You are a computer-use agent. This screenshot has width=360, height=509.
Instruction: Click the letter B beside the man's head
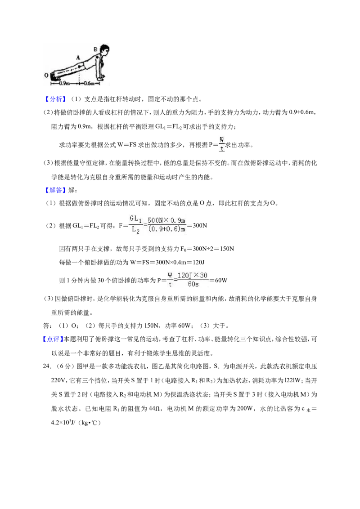click(95, 49)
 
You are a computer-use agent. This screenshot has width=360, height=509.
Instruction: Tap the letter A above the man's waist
click(78, 58)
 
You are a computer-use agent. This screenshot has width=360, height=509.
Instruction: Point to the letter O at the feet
click(46, 75)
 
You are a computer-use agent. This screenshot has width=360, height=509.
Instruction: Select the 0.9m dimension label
click(64, 84)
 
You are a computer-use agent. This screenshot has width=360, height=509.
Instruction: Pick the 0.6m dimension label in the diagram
click(89, 84)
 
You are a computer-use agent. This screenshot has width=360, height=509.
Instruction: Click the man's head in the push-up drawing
click(104, 50)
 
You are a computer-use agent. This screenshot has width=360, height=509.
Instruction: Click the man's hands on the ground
click(102, 77)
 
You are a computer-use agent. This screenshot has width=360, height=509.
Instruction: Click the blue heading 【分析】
click(55, 99)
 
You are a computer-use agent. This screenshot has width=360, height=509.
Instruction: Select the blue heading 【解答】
click(55, 190)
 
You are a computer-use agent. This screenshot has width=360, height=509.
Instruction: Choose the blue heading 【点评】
click(52, 339)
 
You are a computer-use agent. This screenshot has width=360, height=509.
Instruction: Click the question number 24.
click(47, 366)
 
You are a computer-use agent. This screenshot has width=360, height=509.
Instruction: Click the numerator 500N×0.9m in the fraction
click(166, 220)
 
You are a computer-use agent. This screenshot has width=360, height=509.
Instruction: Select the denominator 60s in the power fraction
click(193, 284)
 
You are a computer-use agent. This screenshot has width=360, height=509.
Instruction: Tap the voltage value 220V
click(58, 380)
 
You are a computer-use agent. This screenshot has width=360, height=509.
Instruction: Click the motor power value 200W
click(245, 409)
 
